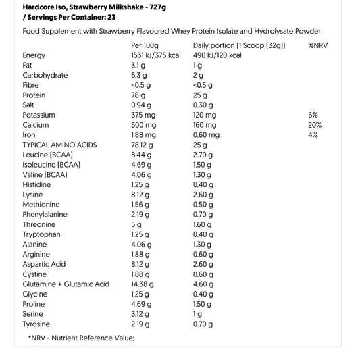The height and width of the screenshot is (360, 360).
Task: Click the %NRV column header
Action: coord(317,45)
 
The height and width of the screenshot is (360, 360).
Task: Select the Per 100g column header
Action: coord(145,45)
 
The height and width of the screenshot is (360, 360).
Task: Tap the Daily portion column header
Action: coord(238,45)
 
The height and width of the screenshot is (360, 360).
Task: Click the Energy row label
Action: coord(34,55)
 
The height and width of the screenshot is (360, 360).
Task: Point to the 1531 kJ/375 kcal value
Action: coord(156,55)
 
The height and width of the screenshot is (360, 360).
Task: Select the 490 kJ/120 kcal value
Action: coord(221,55)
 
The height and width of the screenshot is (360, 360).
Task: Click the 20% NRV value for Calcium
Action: coord(315,125)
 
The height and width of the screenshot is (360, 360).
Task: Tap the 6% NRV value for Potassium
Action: coord(313,115)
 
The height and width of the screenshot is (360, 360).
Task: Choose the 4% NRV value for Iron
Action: coord(313,135)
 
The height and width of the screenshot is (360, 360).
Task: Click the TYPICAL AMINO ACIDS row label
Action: coord(59,145)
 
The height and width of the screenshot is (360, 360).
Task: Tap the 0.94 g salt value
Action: coord(141,105)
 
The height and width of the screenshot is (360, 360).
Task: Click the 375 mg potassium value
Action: coord(143,115)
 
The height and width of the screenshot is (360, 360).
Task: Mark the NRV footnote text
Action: coord(81,338)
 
